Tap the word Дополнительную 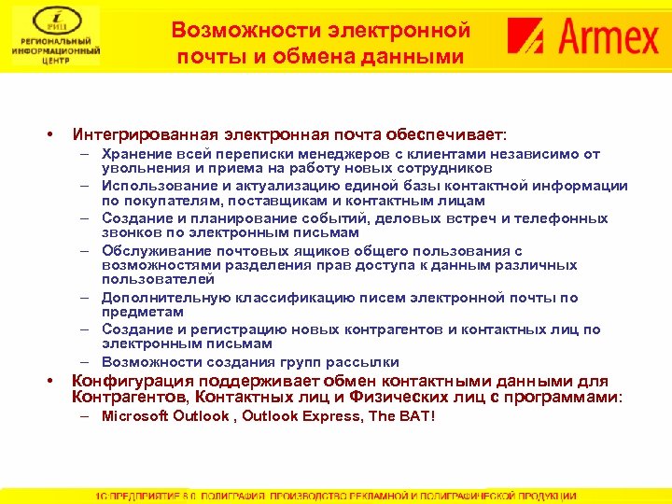160,298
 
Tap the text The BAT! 402,415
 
